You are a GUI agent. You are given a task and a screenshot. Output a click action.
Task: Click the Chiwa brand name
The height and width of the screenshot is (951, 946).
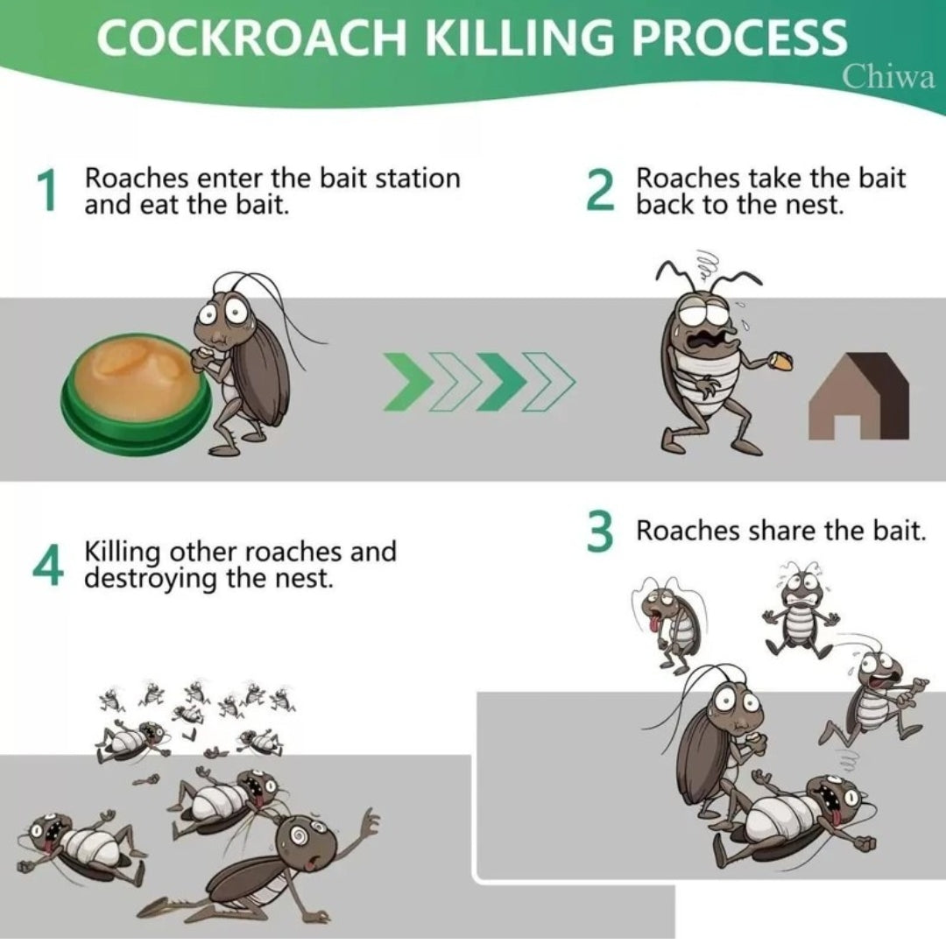[888, 77]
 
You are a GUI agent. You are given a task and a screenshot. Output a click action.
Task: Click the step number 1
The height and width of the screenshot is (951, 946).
[46, 191]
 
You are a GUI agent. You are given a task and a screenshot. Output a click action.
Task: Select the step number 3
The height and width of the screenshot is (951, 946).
[600, 532]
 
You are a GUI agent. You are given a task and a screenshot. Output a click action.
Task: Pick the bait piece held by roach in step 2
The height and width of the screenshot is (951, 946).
[780, 361]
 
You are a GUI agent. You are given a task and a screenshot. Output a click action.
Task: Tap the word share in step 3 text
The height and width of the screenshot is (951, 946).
[781, 531]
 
